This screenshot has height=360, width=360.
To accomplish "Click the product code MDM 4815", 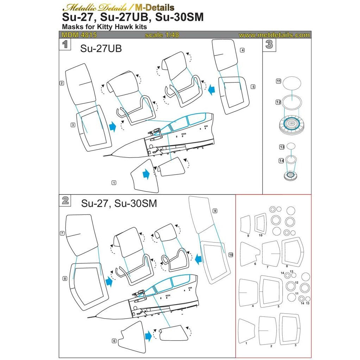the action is pos(79,35).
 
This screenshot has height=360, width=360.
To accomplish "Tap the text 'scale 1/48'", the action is pos(162,35).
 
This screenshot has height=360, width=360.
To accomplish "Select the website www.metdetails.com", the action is pos(274,35).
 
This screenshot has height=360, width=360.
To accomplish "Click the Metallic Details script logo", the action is pos(95,8).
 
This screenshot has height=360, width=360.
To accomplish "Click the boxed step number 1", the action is pos(65,44).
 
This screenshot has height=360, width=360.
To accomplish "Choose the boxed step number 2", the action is pos(65,200).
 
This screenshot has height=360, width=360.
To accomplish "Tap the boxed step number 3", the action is pos(269,45).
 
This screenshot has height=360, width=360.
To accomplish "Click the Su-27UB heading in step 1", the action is pos(101,49).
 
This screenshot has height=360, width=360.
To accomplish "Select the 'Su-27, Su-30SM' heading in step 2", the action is pos(119,204).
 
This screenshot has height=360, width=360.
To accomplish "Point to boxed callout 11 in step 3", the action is pos(278,81).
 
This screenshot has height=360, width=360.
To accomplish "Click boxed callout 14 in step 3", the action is pos(282,161).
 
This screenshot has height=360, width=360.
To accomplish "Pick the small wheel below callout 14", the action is pos(290,175).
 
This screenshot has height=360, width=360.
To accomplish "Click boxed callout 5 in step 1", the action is pos(253,87).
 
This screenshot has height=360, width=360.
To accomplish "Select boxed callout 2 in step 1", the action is pos(62,83).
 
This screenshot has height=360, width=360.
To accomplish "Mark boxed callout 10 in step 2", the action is pos(231,255).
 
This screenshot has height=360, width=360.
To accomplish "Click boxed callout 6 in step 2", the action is pos(114,341).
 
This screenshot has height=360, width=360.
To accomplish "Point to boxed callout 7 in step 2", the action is pos(62,233).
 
